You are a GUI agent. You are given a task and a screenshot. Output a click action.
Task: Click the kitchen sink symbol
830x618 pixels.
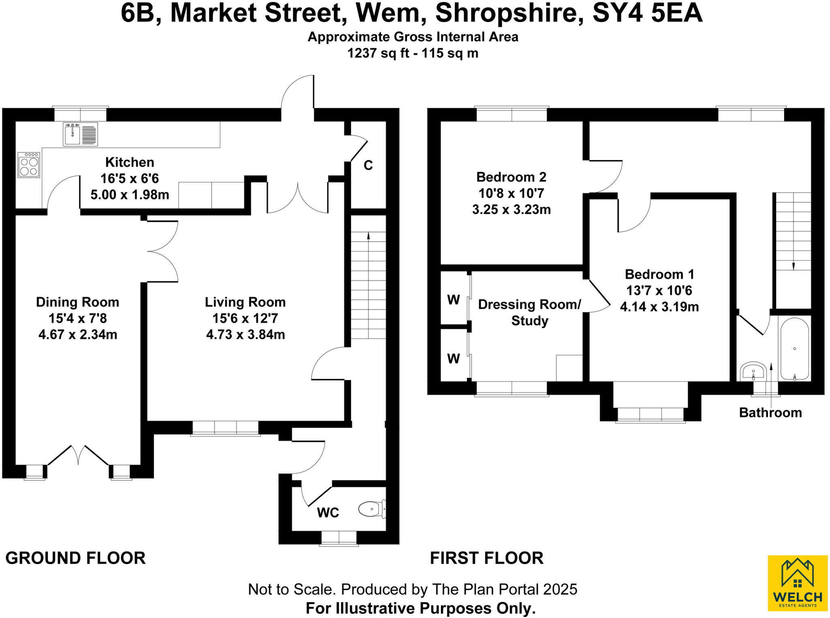point(80,134)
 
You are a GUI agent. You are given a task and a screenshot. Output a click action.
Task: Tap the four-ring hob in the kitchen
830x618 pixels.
point(29,165)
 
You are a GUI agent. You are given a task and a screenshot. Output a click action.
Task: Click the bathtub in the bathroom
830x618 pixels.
point(794,349)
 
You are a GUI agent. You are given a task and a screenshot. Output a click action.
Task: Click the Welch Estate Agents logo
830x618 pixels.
point(797,583)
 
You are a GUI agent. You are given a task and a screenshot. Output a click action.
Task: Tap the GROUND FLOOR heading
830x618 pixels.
point(75,558)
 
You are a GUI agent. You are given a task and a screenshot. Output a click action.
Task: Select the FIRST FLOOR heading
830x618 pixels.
point(486,558)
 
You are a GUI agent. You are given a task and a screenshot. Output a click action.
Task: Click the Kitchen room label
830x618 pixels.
point(130,162)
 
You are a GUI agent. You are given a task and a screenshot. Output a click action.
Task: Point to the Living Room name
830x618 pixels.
point(245,302)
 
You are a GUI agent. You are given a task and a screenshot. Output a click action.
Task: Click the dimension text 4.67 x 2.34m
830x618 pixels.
point(78,335)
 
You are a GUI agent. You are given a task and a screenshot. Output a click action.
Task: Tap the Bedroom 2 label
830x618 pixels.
point(511,177)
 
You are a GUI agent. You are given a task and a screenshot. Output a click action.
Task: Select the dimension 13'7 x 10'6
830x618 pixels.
point(659,290)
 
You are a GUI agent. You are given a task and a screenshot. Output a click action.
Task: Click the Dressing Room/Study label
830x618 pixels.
point(530,312)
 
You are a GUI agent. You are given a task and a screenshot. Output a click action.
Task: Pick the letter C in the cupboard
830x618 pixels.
point(368,165)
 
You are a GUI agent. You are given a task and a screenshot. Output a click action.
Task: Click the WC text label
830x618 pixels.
point(328,513)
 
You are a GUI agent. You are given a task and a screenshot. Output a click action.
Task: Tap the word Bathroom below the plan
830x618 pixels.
point(770,412)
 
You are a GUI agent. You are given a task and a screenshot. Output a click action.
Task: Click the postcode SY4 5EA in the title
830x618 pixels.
point(647,13)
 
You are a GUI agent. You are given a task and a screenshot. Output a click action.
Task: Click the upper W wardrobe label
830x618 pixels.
point(454,300)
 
